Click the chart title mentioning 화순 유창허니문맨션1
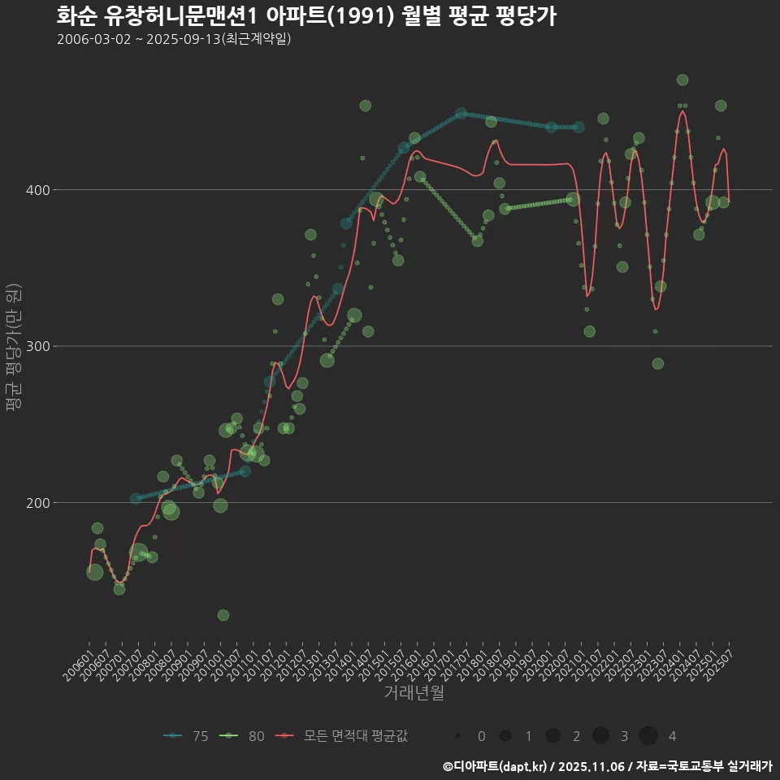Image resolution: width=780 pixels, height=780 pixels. coord(306,16)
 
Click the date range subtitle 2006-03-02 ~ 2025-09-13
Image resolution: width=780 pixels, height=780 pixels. coord(174,39)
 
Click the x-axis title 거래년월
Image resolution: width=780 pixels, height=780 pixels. coord(414,693)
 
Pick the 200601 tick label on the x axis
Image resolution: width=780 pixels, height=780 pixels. coord(79,659)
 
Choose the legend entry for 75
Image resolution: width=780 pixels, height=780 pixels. coord(185,736)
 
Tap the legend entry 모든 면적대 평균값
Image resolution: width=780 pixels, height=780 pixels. coord(341,736)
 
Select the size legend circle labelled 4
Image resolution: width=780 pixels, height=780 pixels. coord(648,736)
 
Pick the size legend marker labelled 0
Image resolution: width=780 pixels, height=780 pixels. coord(458,736)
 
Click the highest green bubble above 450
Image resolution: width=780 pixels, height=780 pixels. coord(682,80)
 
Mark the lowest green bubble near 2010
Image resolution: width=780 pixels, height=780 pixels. coord(223,615)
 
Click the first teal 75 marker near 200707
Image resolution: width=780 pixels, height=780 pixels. coord(136,499)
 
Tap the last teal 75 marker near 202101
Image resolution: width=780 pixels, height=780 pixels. coord(578,127)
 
